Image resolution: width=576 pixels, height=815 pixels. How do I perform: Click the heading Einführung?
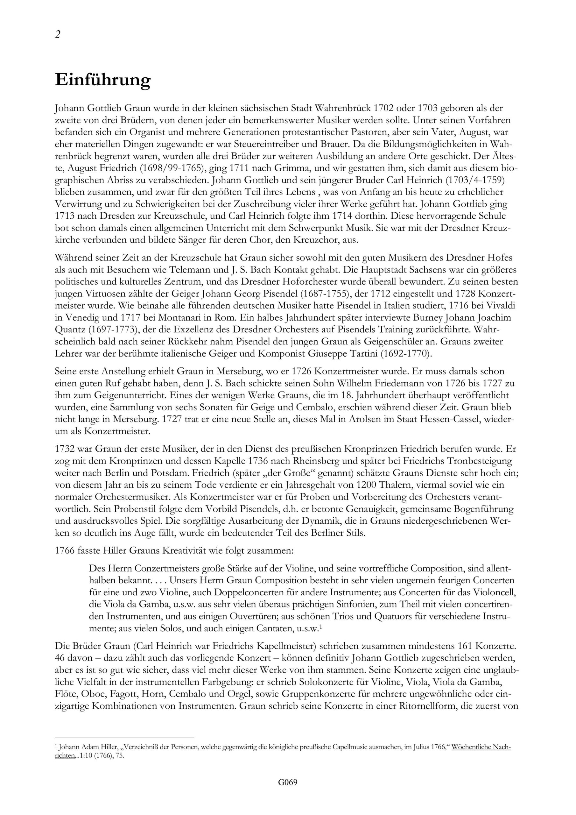[x=102, y=80]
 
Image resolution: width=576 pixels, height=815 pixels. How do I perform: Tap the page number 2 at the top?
[x=58, y=35]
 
